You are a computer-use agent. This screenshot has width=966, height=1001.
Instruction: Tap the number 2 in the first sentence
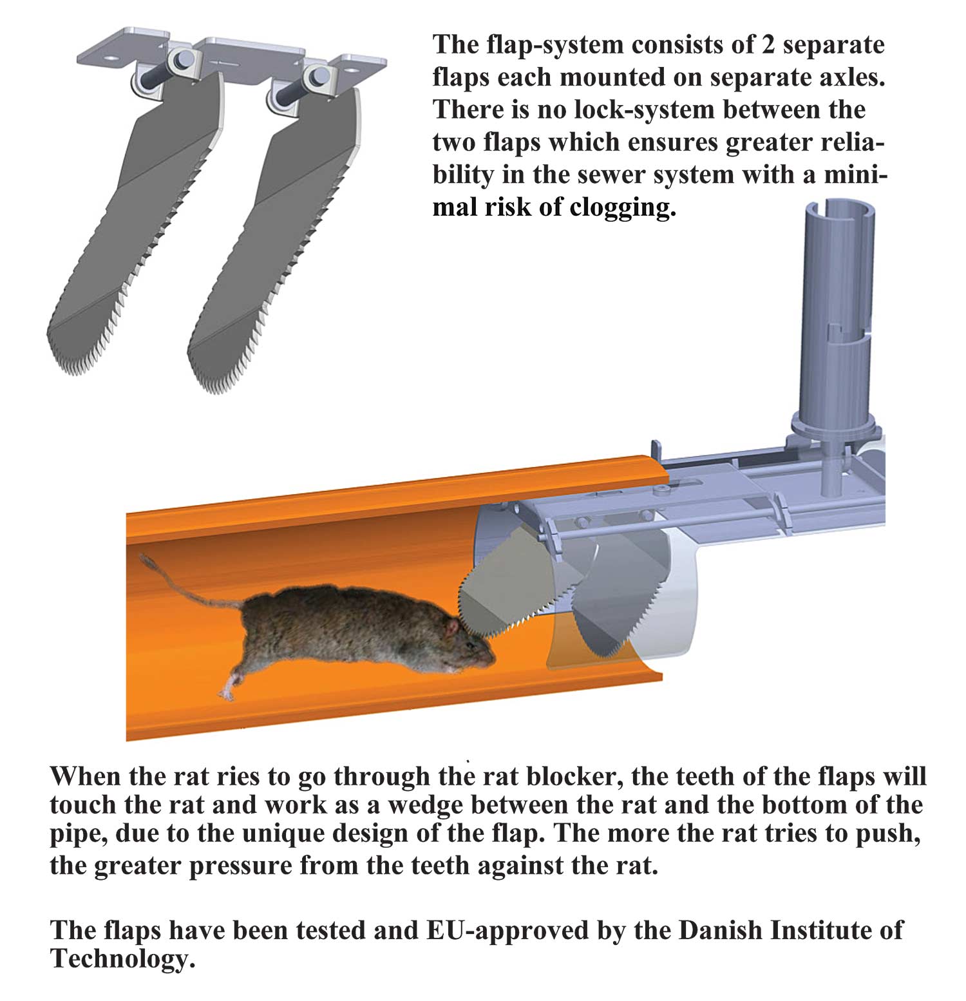tap(768, 45)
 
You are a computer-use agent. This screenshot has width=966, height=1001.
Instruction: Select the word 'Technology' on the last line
tap(120, 959)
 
